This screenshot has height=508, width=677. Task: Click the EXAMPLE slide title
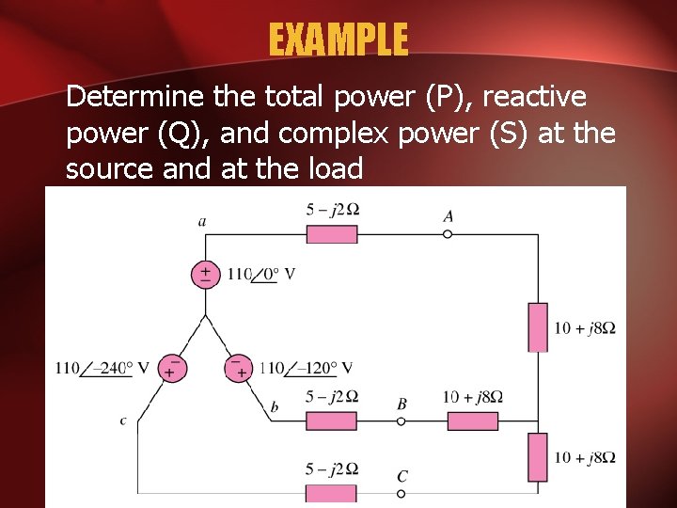(x=338, y=40)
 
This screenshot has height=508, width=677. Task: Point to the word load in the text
(x=333, y=169)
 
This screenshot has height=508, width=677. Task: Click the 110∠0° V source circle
(x=204, y=274)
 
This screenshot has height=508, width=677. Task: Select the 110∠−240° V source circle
(x=170, y=367)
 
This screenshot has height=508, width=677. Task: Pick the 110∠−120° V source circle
(x=239, y=367)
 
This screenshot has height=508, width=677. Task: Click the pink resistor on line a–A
(x=332, y=233)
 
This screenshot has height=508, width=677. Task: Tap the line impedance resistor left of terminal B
(x=332, y=421)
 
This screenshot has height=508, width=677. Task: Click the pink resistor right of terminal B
(x=472, y=421)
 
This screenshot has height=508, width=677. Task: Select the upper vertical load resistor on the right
(x=538, y=326)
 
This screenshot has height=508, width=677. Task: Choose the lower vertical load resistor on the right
(x=538, y=457)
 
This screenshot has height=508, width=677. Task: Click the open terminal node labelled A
(x=448, y=233)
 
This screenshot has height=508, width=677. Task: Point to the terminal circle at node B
(x=401, y=421)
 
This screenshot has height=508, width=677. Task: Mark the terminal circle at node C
(x=401, y=493)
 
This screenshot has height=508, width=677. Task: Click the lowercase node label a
(x=202, y=222)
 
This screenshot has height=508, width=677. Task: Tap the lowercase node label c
(x=123, y=421)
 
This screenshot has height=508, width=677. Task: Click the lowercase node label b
(x=275, y=406)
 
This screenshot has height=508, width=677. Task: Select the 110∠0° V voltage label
(x=260, y=275)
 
